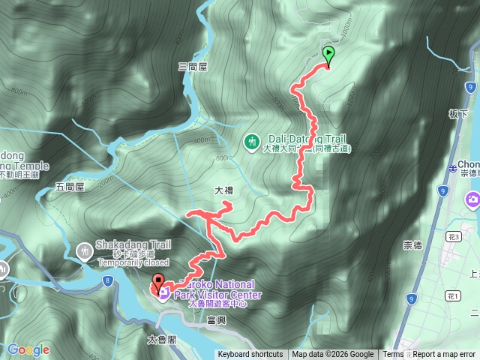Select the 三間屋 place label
(x=192, y=67)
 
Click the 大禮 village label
(x=223, y=190)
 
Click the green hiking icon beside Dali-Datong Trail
(x=253, y=140)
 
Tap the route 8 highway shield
(x=108, y=280)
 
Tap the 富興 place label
(x=215, y=320)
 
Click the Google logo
(x=28, y=349)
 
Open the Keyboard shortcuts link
(x=250, y=355)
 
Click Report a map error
(x=444, y=355)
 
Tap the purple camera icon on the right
(x=473, y=199)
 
